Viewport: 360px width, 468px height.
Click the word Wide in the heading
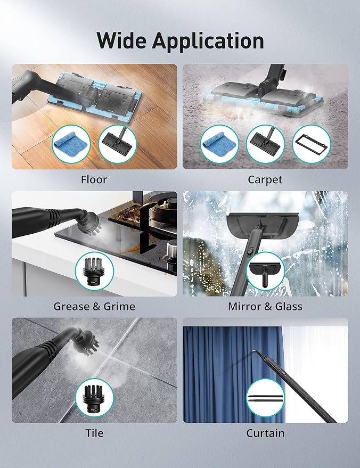click(x=121, y=40)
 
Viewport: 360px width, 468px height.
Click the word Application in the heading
click(x=208, y=42)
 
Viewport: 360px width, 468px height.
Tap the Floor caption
click(x=94, y=179)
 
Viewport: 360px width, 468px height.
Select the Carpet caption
click(x=265, y=179)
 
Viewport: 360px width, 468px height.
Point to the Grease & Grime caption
click(x=94, y=307)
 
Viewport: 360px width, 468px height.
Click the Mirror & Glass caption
click(x=265, y=307)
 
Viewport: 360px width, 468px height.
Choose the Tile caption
click(x=94, y=433)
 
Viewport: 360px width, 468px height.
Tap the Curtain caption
click(x=265, y=433)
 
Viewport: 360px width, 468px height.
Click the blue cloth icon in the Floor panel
click(x=71, y=144)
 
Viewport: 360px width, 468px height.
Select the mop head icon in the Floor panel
click(x=117, y=144)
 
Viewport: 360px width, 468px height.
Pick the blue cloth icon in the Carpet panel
click(x=219, y=144)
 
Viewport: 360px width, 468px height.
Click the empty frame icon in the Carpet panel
click(x=312, y=144)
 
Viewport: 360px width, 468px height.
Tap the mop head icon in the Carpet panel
click(x=265, y=144)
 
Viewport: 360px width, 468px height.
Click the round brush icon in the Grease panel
click(x=94, y=272)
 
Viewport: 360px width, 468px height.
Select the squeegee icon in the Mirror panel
click(x=265, y=272)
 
